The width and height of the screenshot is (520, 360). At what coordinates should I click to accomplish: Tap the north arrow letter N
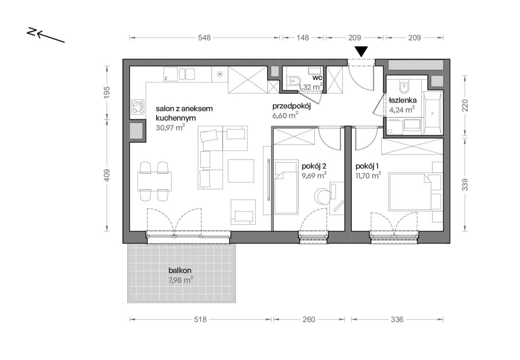31,32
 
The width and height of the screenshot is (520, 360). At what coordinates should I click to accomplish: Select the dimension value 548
204,38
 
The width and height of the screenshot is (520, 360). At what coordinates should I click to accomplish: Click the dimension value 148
303,38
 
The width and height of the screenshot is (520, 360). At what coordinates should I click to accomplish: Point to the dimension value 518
200,320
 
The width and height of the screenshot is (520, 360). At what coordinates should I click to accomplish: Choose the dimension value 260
309,320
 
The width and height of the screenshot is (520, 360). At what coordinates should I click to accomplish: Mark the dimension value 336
397,320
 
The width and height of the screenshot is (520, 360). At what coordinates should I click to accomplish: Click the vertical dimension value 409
107,175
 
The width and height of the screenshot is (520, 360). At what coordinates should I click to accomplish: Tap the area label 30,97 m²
170,127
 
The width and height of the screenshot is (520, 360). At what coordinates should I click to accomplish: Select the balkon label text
180,270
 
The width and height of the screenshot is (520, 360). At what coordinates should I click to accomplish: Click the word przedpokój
292,106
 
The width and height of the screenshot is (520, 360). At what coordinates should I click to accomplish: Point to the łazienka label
403,100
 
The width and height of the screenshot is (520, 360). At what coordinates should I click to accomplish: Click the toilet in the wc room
293,81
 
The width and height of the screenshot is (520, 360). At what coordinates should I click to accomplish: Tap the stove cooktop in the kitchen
138,107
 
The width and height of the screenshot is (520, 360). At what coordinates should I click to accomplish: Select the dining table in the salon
154,181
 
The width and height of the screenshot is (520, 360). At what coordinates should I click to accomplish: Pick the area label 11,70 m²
368,176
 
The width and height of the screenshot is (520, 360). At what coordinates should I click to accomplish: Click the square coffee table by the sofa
241,171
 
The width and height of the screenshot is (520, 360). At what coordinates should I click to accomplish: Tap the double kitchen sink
187,74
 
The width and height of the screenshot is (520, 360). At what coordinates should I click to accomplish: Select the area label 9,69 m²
314,176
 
